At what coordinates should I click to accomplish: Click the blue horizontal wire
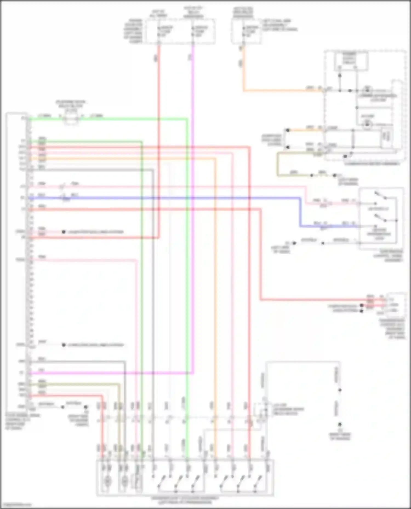[164, 198]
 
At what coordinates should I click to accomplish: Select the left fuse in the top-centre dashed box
[159, 32]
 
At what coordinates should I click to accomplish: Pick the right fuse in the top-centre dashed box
[193, 32]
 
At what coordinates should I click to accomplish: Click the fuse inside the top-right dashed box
[242, 32]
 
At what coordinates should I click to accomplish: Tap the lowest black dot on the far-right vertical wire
[340, 424]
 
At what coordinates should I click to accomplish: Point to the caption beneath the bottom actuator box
[185, 500]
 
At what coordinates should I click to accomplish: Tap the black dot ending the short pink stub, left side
[64, 232]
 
